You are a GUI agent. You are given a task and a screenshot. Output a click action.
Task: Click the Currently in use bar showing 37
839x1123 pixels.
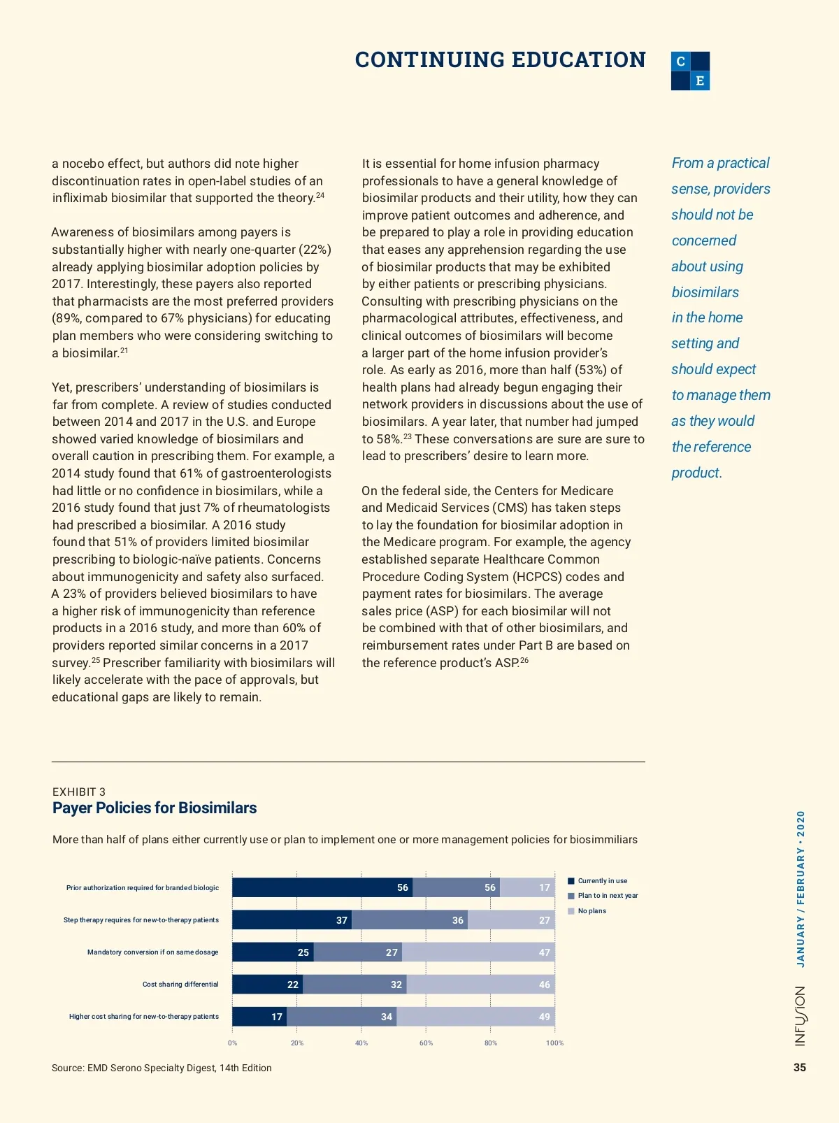pos(292,920)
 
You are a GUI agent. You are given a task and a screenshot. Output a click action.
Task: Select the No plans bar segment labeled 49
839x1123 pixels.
pos(475,1017)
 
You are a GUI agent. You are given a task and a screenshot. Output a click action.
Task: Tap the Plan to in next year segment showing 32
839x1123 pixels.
pos(354,985)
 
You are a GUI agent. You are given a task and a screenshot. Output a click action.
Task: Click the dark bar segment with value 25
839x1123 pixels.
pos(273,952)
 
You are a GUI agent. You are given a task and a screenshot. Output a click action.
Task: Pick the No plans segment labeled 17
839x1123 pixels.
pos(527,887)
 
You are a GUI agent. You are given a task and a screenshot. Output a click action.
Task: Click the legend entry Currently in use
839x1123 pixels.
pos(602,881)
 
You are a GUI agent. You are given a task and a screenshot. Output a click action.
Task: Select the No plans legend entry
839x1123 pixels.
pos(591,911)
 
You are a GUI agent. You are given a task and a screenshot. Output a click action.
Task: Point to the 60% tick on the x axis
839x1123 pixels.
pos(426,1043)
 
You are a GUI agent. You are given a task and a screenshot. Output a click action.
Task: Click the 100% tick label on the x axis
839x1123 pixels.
pos(554,1043)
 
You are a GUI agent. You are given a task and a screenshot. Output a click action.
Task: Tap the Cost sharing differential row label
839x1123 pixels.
pos(180,985)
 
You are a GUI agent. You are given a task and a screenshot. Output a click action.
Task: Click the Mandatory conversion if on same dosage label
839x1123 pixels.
pos(152,952)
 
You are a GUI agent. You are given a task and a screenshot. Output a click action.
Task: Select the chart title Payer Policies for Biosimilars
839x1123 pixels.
pos(155,808)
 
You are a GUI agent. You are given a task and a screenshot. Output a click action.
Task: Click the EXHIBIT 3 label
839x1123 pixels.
pos(79,792)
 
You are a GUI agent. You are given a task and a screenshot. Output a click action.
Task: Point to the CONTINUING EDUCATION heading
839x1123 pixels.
pos(500,60)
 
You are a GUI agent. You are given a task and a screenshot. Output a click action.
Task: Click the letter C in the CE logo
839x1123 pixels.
pos(681,62)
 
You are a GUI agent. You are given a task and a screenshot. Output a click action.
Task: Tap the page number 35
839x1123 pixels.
pos(800,1067)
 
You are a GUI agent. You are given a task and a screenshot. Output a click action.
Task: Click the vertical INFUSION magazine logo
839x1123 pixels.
pos(800,1016)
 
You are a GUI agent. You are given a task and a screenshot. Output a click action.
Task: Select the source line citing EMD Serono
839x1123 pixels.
pos(162,1068)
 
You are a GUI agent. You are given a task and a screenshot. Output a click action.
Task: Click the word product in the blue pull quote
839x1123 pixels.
pos(696,473)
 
